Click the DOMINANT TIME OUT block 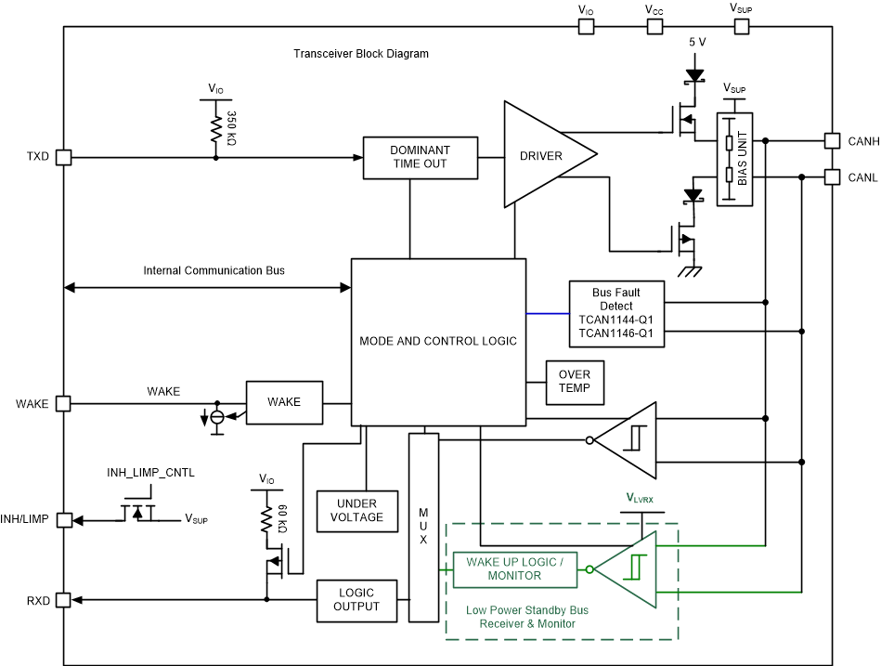[420, 157]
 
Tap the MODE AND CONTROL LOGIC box [438, 341]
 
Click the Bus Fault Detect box [616, 313]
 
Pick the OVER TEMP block [575, 382]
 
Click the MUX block [423, 527]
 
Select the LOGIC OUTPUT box [356, 599]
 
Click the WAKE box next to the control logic [284, 402]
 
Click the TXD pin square [63, 157]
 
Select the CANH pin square [832, 141]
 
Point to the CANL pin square [832, 176]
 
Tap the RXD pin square [63, 600]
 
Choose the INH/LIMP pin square [63, 520]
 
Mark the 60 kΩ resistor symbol [267, 517]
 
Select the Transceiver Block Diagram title [361, 54]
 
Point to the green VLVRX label [639, 500]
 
